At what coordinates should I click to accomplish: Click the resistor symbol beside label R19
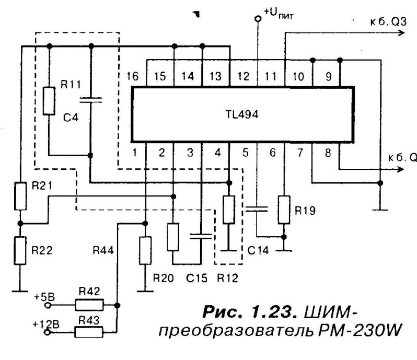[x=284, y=208]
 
